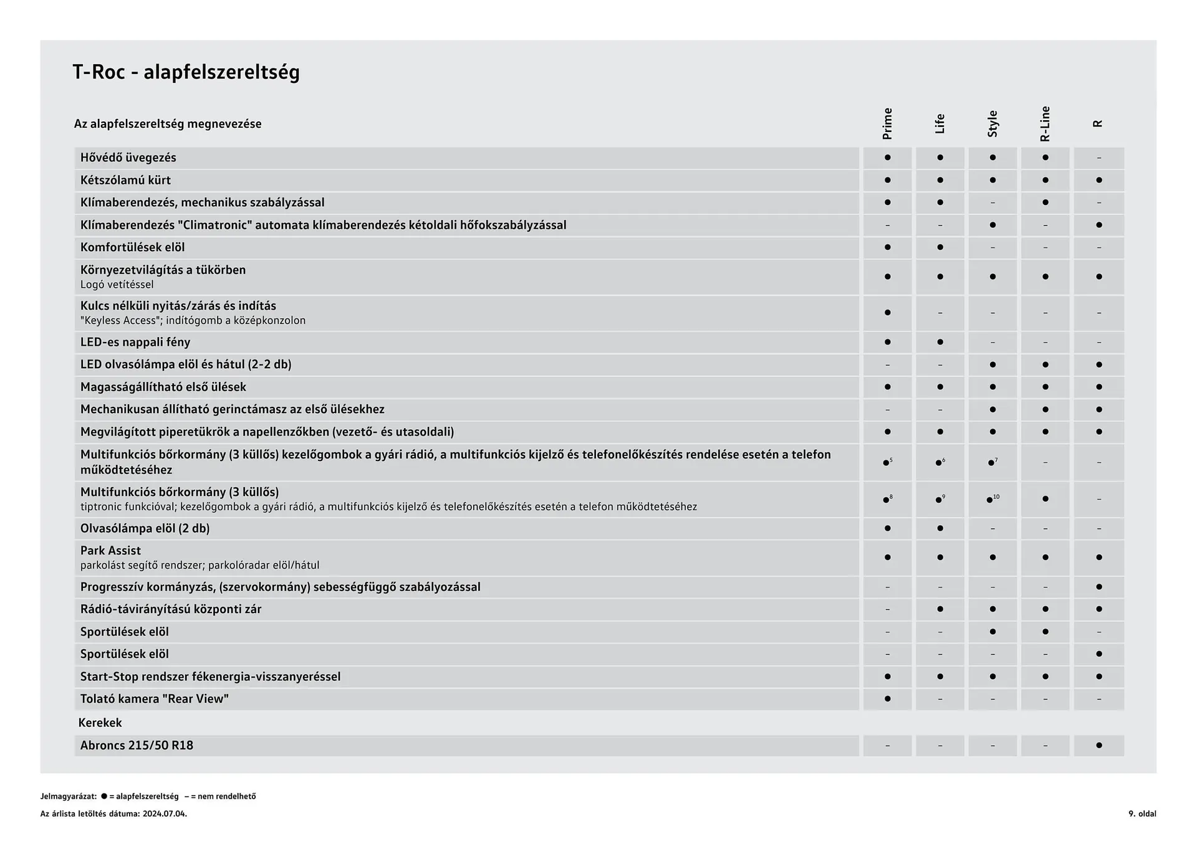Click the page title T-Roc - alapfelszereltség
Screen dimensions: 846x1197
point(186,72)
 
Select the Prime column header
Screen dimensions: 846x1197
point(887,123)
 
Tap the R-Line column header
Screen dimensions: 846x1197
point(1045,123)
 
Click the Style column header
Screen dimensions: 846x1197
point(993,123)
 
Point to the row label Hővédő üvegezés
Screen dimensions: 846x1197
point(128,158)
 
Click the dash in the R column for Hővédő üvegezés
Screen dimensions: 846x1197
point(1098,158)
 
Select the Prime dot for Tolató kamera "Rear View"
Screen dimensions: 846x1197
point(887,699)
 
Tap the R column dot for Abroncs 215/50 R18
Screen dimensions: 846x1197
point(1098,746)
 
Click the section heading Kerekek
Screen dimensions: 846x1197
point(100,723)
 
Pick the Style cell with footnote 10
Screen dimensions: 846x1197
point(992,499)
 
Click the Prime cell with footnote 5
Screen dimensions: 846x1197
point(887,462)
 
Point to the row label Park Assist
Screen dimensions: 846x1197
point(110,551)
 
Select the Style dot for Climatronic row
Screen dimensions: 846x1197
point(993,225)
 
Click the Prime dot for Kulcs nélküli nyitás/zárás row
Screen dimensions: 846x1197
point(887,313)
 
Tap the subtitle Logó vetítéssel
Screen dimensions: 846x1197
point(117,285)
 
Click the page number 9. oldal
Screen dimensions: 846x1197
point(1142,814)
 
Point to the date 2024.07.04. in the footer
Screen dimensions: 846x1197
point(165,814)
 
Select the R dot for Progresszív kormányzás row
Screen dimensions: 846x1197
point(1098,587)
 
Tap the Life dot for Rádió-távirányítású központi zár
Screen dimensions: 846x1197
point(940,609)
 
